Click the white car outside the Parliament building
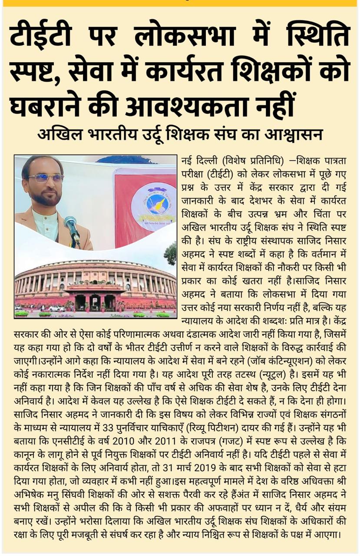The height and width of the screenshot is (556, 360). tap(56, 308)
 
